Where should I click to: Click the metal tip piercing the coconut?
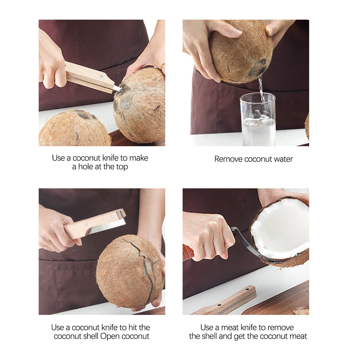pyautogui.click(x=118, y=89)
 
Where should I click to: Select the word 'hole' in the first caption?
pyautogui.click(x=85, y=167)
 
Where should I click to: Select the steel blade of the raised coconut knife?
pyautogui.click(x=107, y=226)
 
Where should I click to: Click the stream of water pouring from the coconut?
pyautogui.click(x=261, y=89)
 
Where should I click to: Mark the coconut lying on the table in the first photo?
pyautogui.click(x=75, y=129)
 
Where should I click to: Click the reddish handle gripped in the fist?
pyautogui.click(x=188, y=253)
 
